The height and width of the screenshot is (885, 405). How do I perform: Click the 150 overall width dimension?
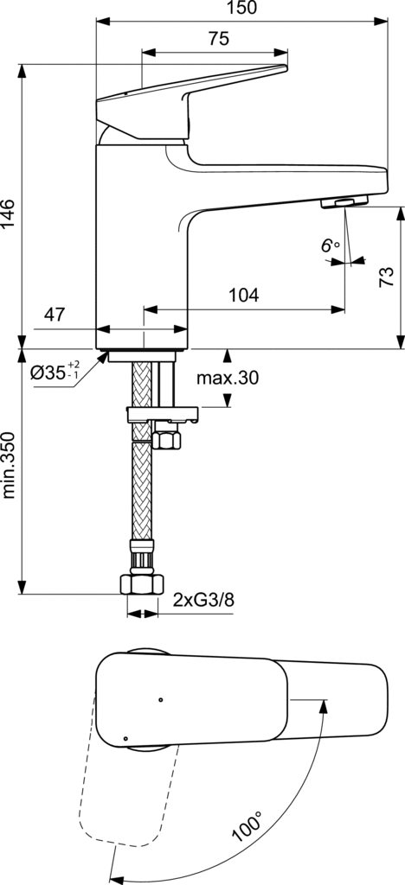pyautogui.click(x=241, y=8)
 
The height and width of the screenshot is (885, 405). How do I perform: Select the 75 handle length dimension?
pyautogui.click(x=219, y=39)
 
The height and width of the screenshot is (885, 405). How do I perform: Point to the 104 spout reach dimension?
pyautogui.click(x=243, y=295)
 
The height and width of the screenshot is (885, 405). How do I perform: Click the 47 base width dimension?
pyautogui.click(x=55, y=315)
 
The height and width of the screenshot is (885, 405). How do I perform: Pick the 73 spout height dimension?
pyautogui.click(x=386, y=277)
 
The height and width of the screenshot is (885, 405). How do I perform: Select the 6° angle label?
pyautogui.click(x=331, y=246)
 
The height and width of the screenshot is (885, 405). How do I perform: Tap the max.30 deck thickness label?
pyautogui.click(x=228, y=378)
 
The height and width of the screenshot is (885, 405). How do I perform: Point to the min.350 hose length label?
pyautogui.click(x=8, y=466)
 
